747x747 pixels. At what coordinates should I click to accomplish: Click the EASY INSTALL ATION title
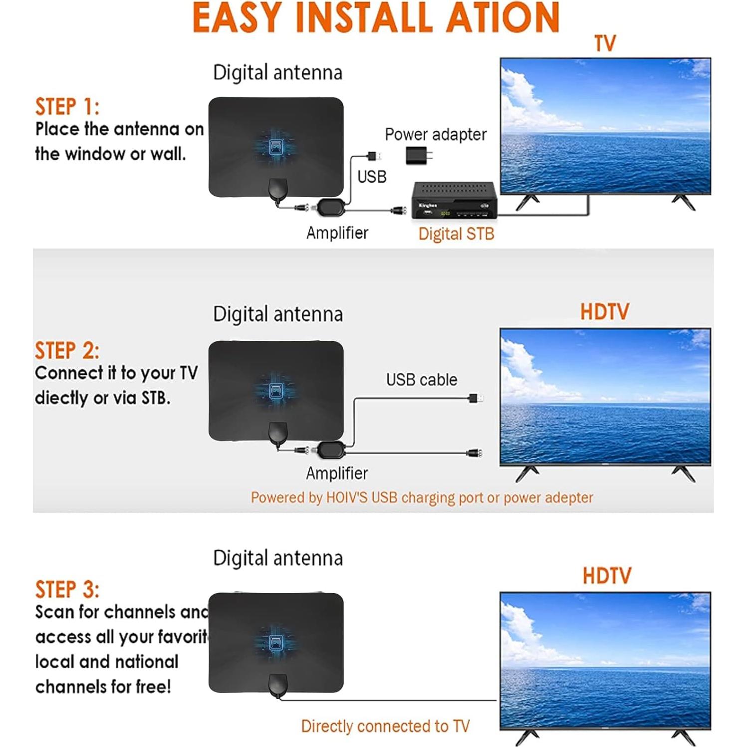375,18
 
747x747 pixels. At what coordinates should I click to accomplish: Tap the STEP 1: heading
67,107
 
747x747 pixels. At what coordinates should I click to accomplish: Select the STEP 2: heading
67,350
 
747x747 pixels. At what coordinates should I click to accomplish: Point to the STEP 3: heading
67,589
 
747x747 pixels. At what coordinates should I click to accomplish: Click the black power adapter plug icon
418,155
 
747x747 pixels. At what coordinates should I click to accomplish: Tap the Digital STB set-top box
455,201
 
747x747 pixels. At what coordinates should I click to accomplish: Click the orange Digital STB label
456,234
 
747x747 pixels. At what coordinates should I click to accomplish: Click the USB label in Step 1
372,177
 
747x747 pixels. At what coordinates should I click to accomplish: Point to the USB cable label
422,380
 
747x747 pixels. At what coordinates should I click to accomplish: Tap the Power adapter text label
436,134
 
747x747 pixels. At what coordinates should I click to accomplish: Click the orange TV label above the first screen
605,43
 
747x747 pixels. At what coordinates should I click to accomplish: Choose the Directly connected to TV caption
385,726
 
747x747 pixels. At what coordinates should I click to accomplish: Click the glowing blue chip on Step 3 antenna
276,642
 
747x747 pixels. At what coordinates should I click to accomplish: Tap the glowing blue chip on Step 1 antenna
276,146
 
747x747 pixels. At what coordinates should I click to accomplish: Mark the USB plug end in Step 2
475,398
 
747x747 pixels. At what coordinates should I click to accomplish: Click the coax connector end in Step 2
474,454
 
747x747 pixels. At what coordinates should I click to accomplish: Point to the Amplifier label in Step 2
337,473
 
